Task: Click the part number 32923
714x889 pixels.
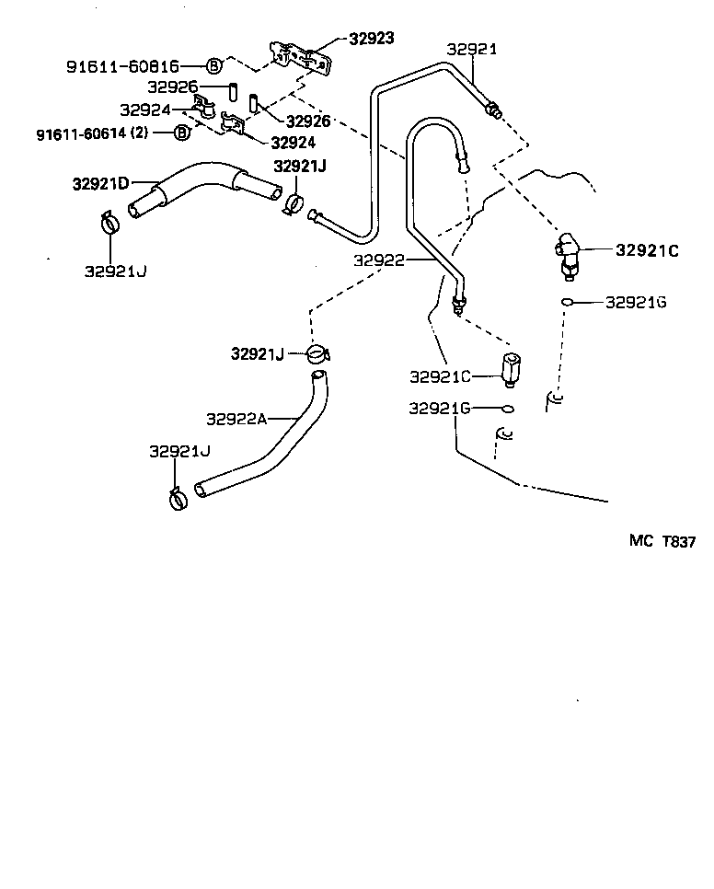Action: pos(371,39)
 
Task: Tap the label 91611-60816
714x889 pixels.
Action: pos(122,66)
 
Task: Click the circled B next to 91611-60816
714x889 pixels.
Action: pos(213,66)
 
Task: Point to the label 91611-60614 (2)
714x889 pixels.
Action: pos(92,133)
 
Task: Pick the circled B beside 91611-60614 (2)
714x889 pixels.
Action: pos(181,133)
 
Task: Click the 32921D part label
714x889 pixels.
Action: pos(100,183)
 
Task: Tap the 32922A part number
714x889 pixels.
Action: pos(236,419)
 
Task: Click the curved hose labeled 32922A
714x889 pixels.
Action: pos(276,442)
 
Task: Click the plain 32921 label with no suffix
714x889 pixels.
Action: pos(471,50)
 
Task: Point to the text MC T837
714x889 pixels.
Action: pos(662,542)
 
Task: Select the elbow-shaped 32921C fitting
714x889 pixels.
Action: pos(565,252)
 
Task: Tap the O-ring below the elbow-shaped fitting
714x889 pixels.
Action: pos(569,302)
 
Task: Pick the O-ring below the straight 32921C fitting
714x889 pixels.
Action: pos(507,408)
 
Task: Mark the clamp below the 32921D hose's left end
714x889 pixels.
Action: pos(110,223)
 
